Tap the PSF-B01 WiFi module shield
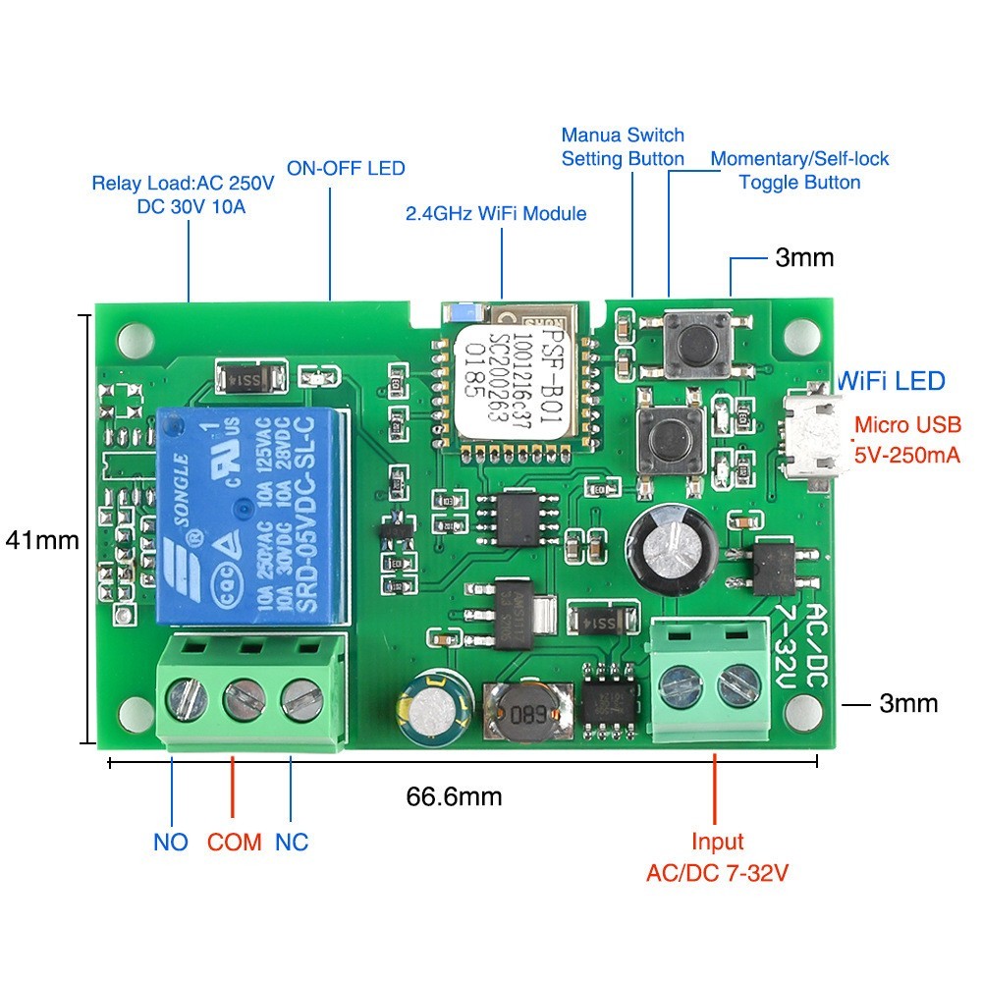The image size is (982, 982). click(x=516, y=383)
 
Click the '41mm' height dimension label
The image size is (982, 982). click(x=41, y=540)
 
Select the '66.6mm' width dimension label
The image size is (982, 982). click(x=454, y=795)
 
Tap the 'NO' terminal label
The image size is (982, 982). click(x=171, y=842)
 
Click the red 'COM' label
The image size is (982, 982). click(x=234, y=842)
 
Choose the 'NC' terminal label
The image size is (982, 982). click(x=292, y=842)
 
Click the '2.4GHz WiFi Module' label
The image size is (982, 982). click(x=496, y=213)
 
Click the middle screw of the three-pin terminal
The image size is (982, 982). click(x=240, y=700)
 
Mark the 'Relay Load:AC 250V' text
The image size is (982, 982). click(x=183, y=183)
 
